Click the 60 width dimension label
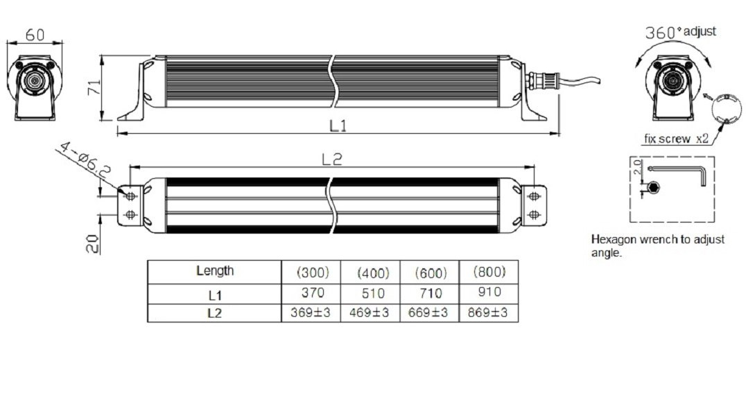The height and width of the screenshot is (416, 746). click(35, 35)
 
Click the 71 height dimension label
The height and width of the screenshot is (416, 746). click(94, 87)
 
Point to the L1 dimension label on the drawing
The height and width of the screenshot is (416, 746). click(338, 125)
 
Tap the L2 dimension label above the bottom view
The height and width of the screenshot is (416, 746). click(332, 159)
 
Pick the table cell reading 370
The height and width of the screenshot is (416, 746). click(313, 293)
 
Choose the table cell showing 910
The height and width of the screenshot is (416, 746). click(489, 291)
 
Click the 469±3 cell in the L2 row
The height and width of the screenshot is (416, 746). click(370, 313)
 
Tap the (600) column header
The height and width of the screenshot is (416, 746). click(431, 272)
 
